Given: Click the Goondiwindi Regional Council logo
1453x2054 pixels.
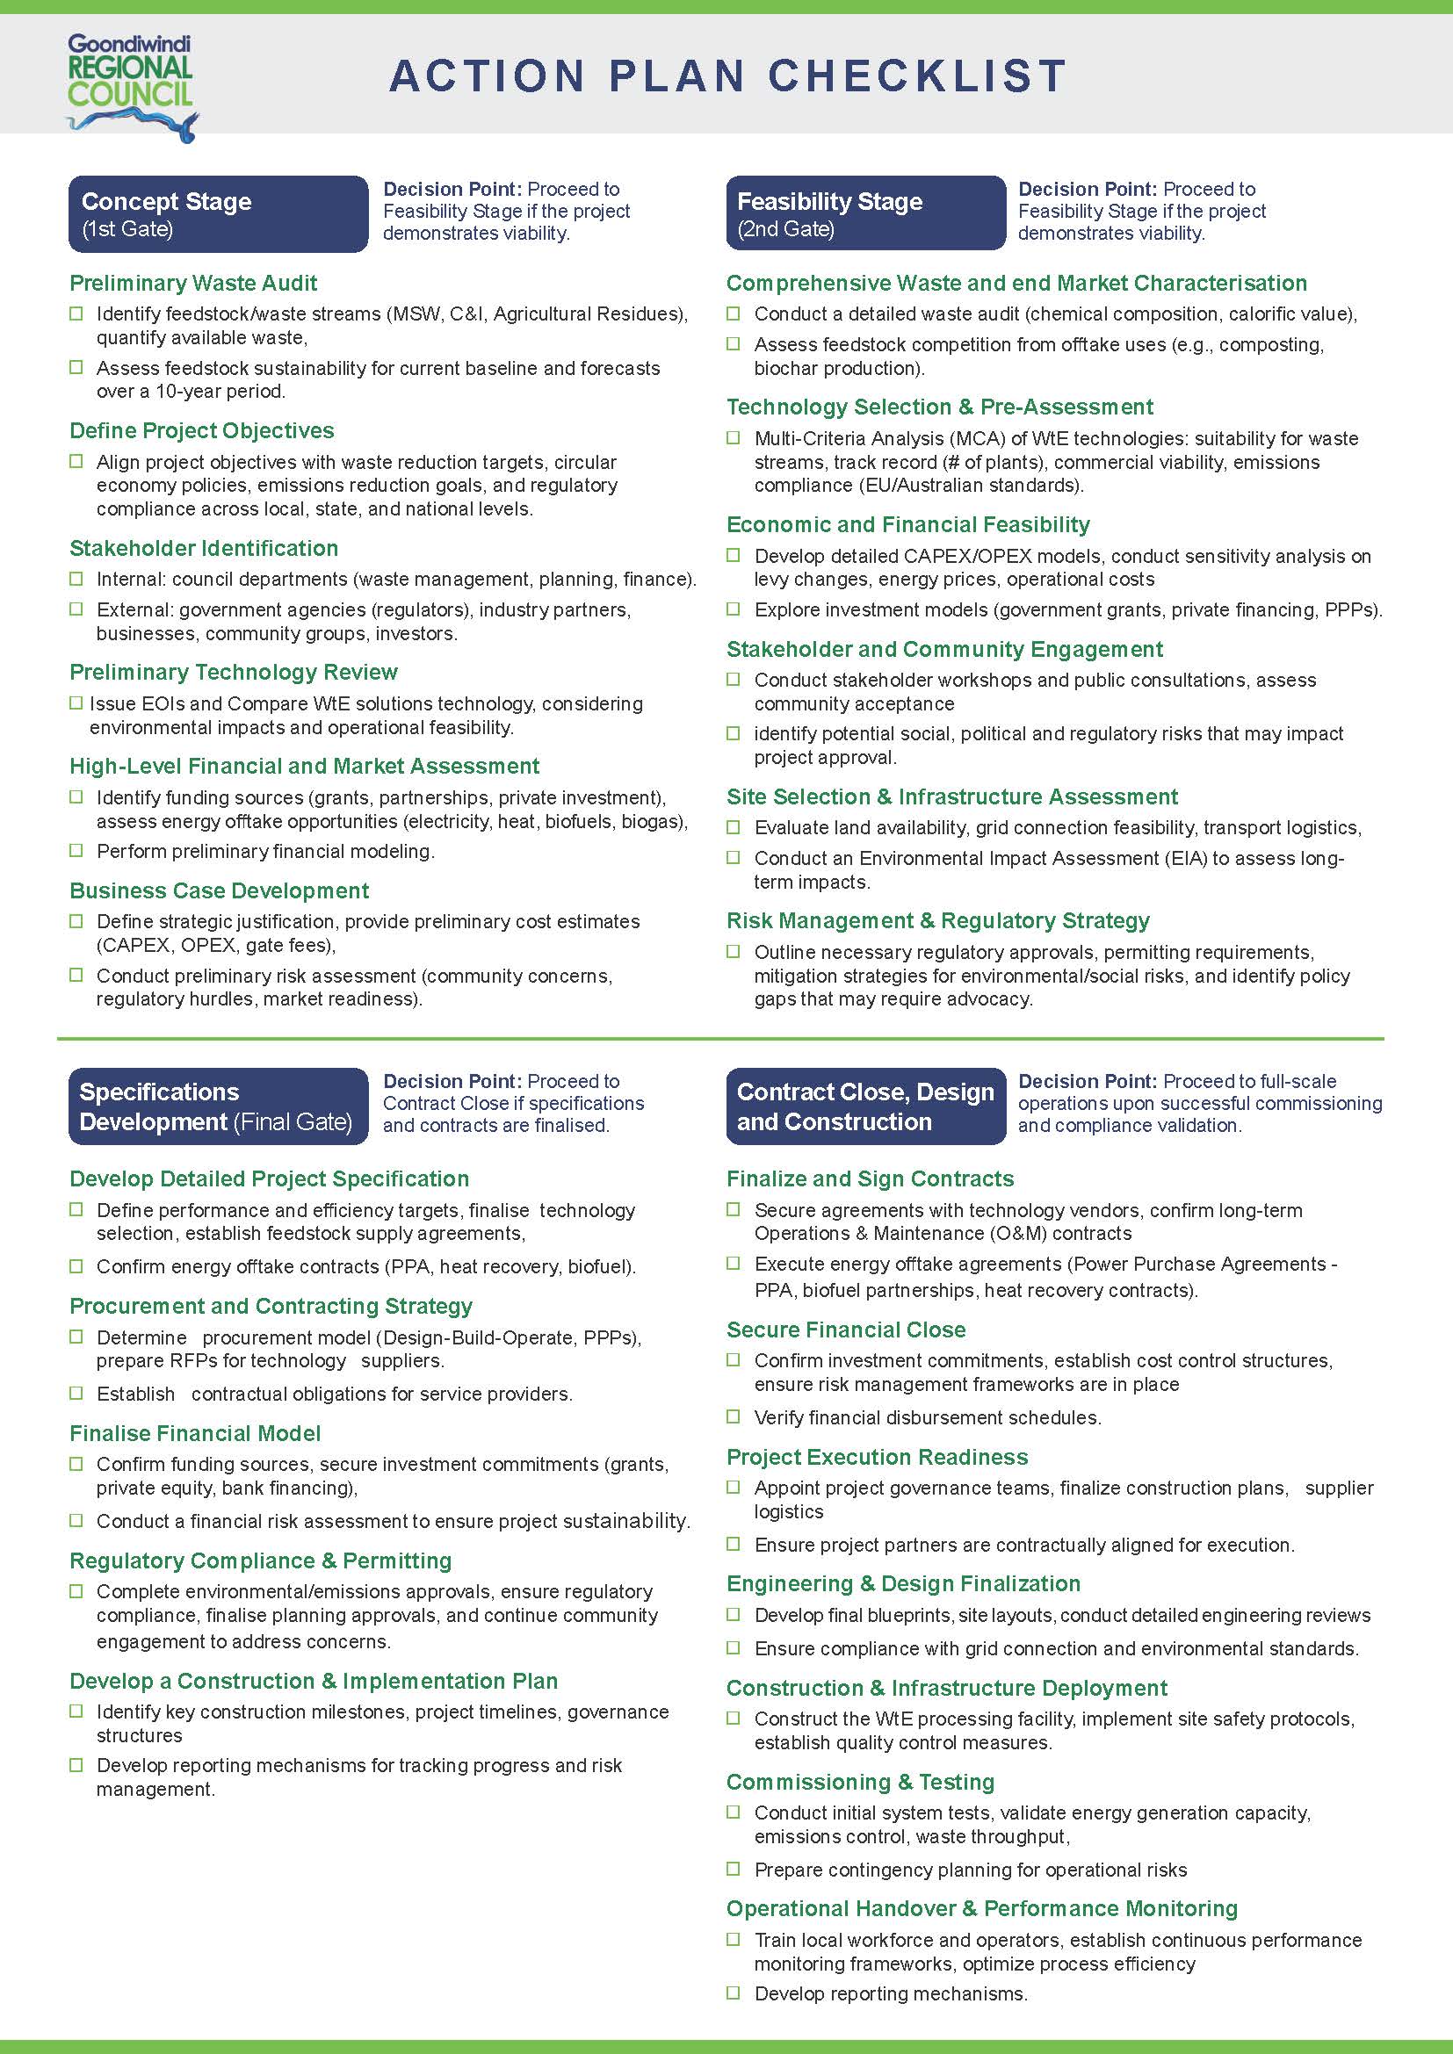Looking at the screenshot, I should coord(132,86).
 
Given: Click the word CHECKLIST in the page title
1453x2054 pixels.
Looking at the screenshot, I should coord(917,76).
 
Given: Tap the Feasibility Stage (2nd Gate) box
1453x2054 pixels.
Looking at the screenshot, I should coord(865,214).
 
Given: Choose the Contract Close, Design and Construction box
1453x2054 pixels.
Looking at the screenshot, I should coord(865,1106).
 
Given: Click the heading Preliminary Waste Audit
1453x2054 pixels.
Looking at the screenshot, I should coord(193,284).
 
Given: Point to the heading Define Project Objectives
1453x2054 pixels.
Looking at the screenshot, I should coord(201,431).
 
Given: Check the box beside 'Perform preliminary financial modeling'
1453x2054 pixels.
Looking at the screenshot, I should coord(77,851).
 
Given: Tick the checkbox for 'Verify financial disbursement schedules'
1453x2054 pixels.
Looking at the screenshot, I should coord(734,1417).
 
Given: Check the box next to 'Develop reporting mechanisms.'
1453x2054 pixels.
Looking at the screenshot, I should coord(734,1993).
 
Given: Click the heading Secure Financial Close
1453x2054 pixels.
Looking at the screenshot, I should coord(845,1330).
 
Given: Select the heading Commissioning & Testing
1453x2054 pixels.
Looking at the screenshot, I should coord(860,1782).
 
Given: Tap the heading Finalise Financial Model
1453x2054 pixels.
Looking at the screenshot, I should coord(195,1434).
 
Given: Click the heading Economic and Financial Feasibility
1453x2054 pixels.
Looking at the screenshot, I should coord(908,525).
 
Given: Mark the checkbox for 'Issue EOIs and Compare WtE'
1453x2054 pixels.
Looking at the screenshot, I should coord(77,703).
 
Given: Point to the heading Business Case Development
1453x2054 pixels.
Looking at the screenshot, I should coord(220,891).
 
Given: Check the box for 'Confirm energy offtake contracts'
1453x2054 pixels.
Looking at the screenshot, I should coord(77,1267).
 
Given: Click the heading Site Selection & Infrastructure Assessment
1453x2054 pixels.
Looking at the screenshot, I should coord(952,797).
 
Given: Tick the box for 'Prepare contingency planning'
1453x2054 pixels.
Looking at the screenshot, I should coord(734,1869).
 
